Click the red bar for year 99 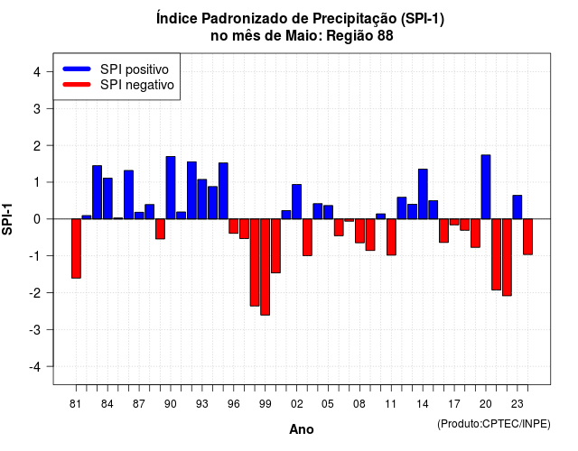265,267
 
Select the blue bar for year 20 486,187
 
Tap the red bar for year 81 76,249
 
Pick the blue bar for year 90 171,188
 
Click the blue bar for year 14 423,194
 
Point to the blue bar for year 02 297,202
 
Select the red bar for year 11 391,237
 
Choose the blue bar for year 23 517,207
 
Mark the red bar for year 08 359,231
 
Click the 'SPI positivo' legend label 135,69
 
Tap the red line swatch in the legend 77,84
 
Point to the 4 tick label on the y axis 37,72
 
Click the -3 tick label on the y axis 35,329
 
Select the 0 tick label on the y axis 37,219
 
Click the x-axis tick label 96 233,404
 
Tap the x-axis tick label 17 454,404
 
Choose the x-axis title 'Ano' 302,429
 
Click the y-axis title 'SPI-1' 7,219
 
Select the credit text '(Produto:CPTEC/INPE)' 494,424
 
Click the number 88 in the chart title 386,36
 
